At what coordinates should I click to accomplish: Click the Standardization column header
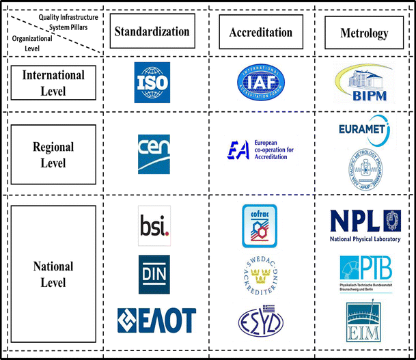pos(152,31)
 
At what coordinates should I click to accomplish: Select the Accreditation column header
pos(260,32)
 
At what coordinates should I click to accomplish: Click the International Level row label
pos(52,83)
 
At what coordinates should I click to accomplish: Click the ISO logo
pos(152,83)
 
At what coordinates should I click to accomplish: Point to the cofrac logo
pos(259,226)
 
